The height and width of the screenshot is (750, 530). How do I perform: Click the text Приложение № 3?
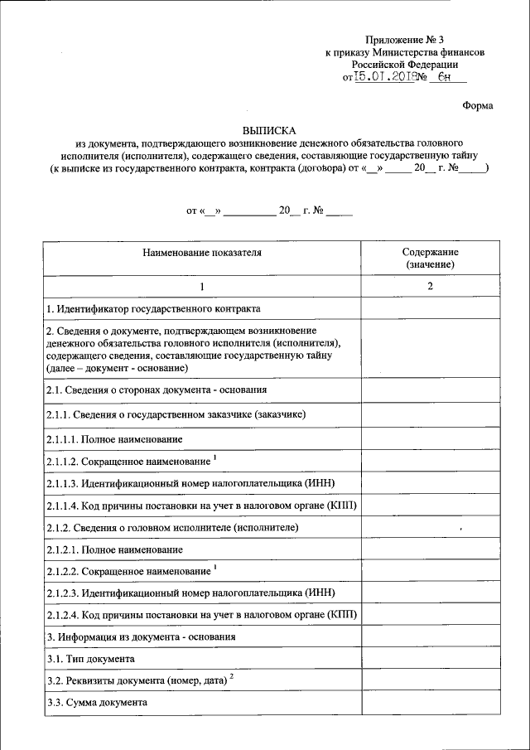pyautogui.click(x=405, y=40)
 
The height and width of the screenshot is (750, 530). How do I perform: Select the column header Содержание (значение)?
pyautogui.click(x=431, y=258)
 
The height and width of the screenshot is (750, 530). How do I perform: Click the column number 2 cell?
pyautogui.click(x=431, y=286)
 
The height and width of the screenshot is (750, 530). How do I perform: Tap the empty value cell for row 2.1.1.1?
pyautogui.click(x=431, y=438)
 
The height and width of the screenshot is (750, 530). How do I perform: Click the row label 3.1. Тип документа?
pyautogui.click(x=90, y=659)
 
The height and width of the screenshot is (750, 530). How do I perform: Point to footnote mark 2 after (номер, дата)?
pyautogui.click(x=233, y=677)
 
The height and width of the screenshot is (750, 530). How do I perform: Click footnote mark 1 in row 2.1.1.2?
pyautogui.click(x=214, y=456)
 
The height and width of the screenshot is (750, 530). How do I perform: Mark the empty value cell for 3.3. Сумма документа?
pyautogui.click(x=431, y=702)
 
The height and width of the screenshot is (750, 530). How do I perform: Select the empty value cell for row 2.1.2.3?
pyautogui.click(x=431, y=593)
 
